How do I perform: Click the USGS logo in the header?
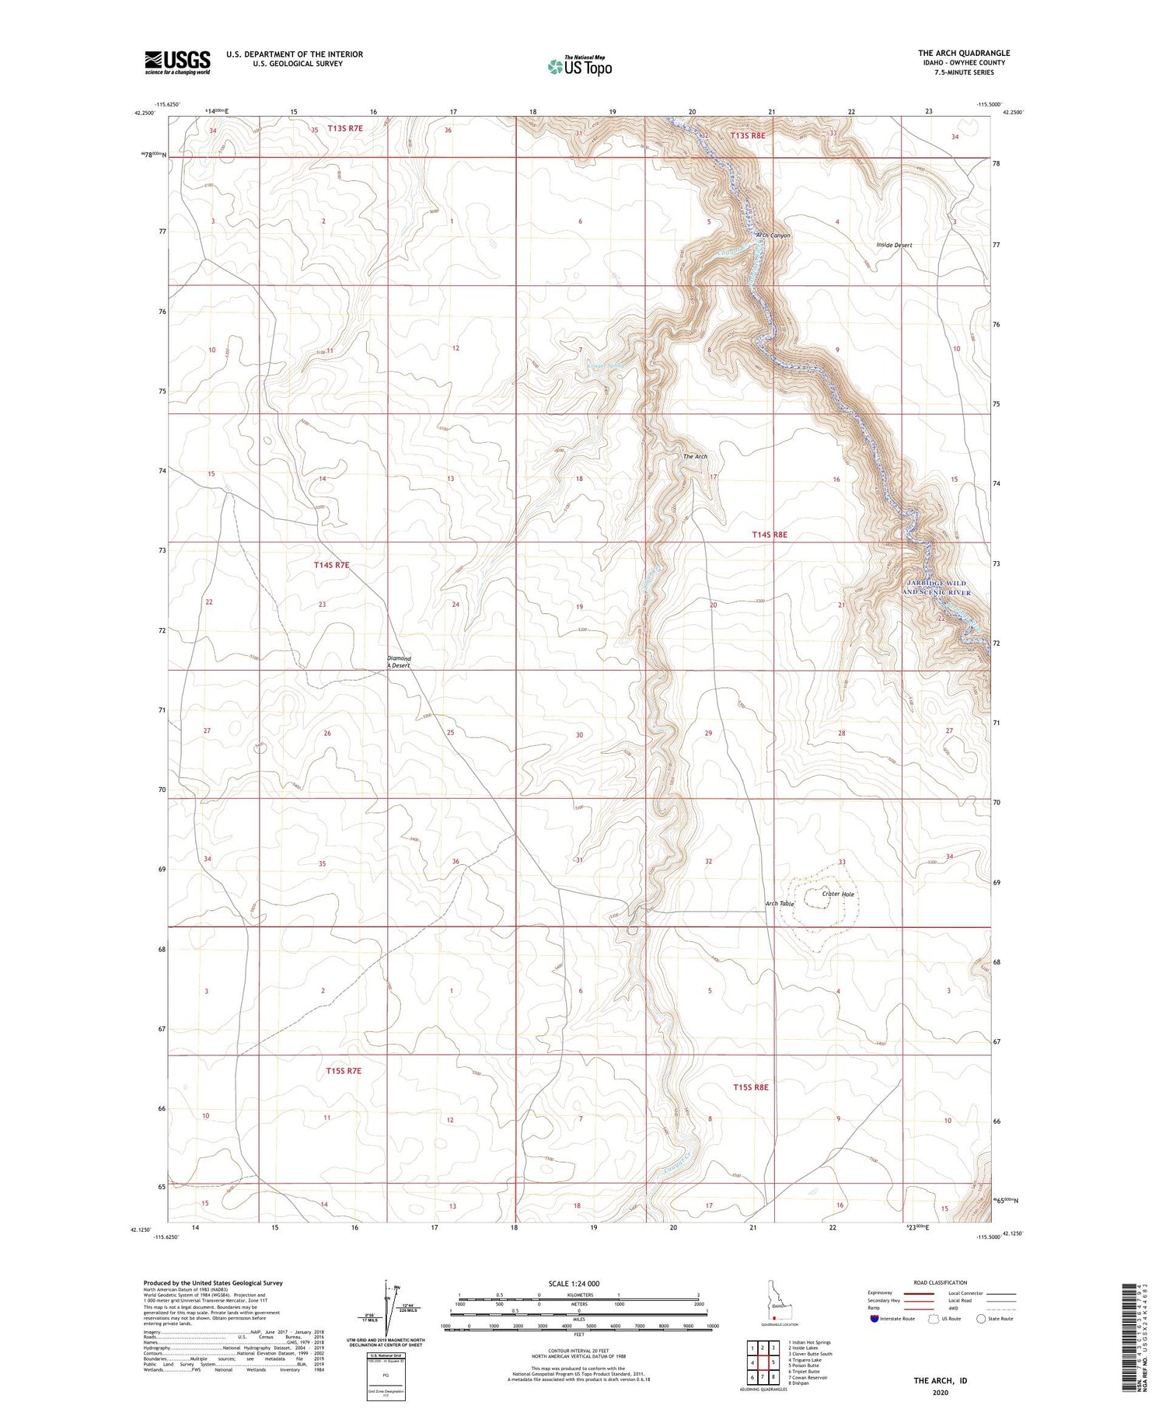click(x=177, y=62)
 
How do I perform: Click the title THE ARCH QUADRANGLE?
click(x=963, y=53)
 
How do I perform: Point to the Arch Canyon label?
click(x=773, y=235)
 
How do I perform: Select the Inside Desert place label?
click(x=894, y=245)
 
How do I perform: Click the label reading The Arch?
click(x=695, y=456)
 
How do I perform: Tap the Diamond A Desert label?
click(x=400, y=661)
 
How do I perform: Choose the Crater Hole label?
click(x=838, y=894)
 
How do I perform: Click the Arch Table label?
click(x=780, y=904)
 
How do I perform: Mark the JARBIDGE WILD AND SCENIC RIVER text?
click(x=936, y=588)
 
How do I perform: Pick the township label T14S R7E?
click(x=332, y=565)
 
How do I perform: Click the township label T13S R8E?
click(x=748, y=135)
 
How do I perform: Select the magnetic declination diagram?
click(x=386, y=1313)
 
